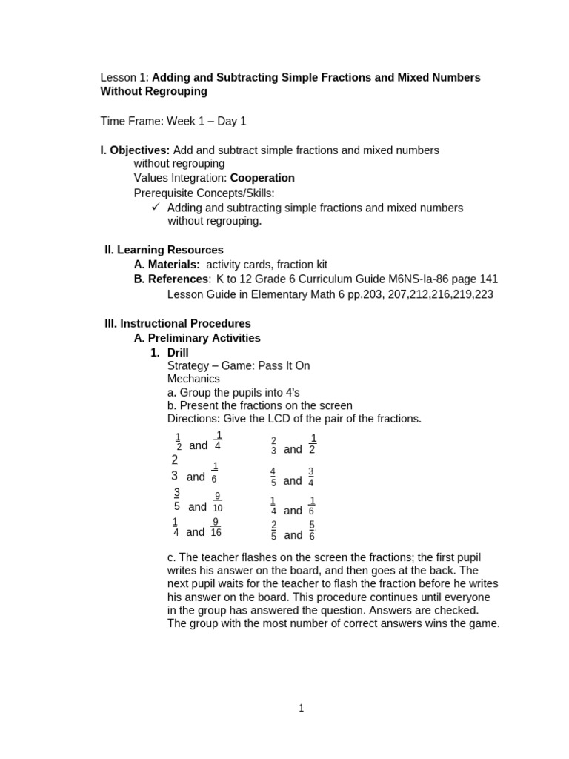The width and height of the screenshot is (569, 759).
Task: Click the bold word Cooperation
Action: click(x=262, y=178)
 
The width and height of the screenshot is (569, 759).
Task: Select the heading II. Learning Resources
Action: click(x=164, y=250)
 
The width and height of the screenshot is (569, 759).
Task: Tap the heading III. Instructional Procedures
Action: click(x=178, y=323)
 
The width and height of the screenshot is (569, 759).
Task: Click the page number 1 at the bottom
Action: click(x=301, y=708)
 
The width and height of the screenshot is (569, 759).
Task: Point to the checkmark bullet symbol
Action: click(x=156, y=208)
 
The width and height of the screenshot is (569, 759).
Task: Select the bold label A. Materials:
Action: click(x=167, y=265)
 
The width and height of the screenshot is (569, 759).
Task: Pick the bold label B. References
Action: click(x=171, y=279)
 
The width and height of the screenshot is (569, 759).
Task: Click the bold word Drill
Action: click(x=178, y=352)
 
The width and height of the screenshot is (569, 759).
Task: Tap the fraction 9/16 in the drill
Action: click(x=216, y=527)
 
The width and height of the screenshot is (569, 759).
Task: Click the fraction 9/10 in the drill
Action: click(x=217, y=502)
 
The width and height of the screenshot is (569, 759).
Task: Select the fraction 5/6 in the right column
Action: click(x=312, y=530)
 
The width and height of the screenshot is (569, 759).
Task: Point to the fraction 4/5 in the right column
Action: click(x=273, y=477)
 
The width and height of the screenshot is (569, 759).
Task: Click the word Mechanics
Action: click(x=193, y=379)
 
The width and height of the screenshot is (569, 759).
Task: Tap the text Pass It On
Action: click(x=284, y=365)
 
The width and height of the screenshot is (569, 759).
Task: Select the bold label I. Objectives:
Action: click(x=135, y=150)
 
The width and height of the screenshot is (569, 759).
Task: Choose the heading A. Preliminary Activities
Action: click(x=197, y=338)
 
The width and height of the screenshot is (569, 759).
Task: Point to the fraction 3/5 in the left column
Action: click(x=177, y=500)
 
